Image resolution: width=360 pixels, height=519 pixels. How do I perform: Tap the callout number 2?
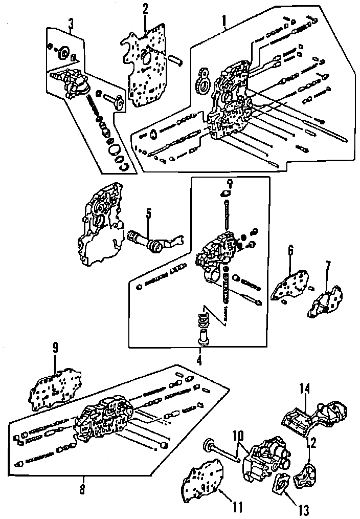pyautogui.click(x=146, y=9)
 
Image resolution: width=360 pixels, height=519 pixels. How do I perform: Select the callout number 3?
pyautogui.click(x=71, y=23)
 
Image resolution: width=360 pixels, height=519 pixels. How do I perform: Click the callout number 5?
pyautogui.click(x=148, y=213)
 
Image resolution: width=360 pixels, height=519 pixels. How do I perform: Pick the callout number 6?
pyautogui.click(x=290, y=251)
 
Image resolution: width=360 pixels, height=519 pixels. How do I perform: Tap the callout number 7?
pyautogui.click(x=328, y=266)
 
